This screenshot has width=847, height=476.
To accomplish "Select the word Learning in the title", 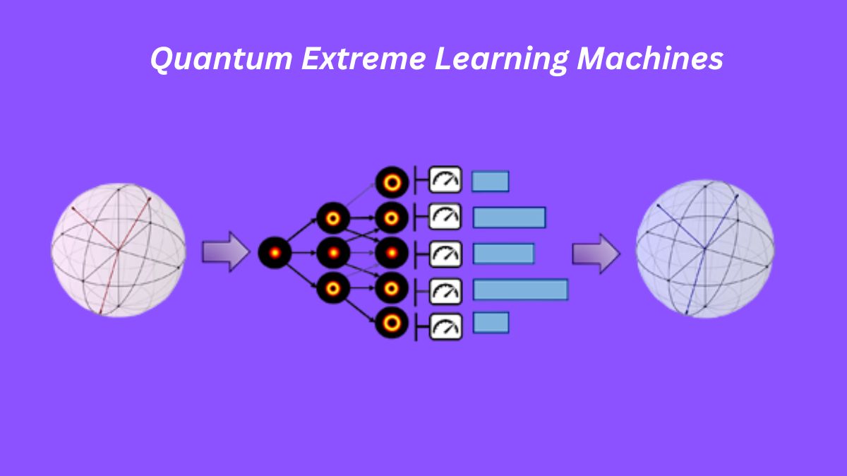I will click(x=500, y=59).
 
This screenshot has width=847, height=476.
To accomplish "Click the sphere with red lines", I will click(x=119, y=250).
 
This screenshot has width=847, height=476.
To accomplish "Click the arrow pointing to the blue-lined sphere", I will click(x=596, y=254).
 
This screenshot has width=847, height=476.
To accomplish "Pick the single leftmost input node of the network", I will click(x=275, y=252).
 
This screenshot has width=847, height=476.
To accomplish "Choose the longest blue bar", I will click(x=520, y=290).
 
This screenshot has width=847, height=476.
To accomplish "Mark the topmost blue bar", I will click(x=491, y=182).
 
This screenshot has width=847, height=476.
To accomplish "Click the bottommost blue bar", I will click(x=491, y=323).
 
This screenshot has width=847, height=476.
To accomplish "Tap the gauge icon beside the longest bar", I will click(x=445, y=290).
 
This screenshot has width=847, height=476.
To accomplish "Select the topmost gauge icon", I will click(x=445, y=182).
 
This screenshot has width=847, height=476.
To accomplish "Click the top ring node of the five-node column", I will click(x=392, y=183).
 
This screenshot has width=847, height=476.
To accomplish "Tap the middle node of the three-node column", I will click(x=333, y=252).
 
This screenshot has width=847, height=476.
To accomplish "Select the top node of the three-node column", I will click(x=333, y=218).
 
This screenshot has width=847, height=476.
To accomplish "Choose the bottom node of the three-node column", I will click(x=333, y=287).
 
